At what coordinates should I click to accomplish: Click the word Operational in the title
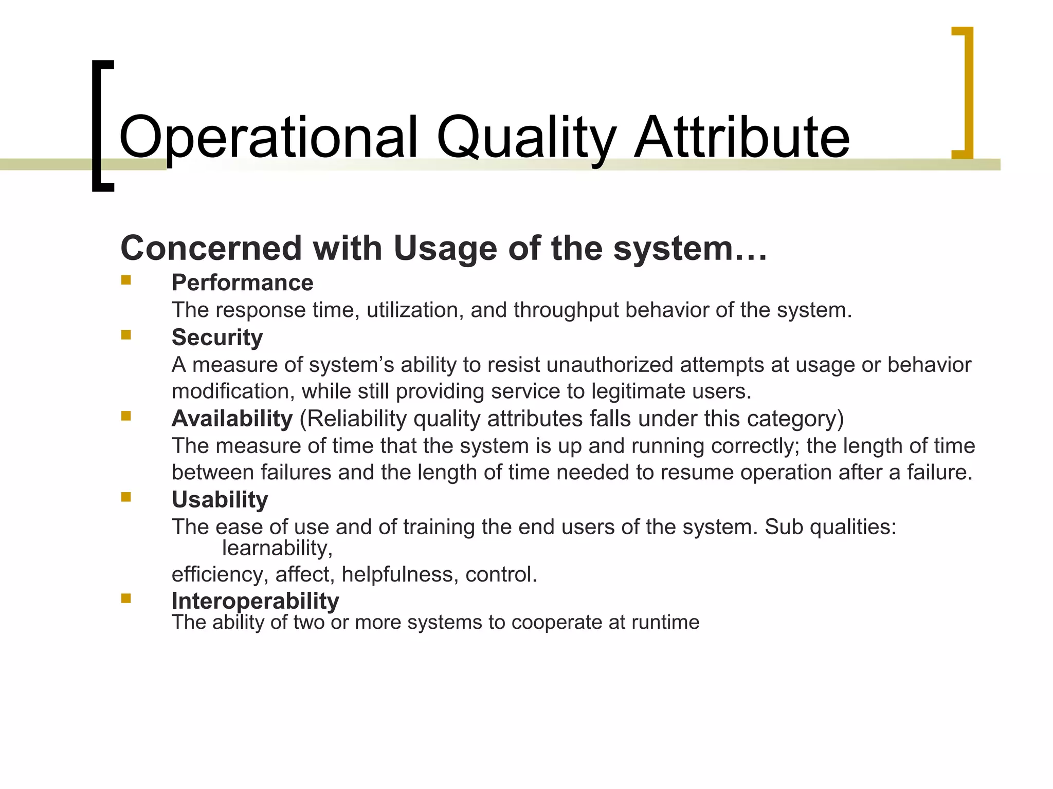[268, 138]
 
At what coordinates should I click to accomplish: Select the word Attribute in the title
[741, 138]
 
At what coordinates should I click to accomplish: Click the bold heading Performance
[242, 283]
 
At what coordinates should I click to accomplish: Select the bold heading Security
[217, 337]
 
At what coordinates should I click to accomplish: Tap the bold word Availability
[232, 419]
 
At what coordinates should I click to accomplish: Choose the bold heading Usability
[220, 500]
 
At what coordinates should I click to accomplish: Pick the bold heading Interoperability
[255, 600]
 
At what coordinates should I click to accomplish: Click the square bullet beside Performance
[126, 280]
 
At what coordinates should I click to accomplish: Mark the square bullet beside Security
[126, 335]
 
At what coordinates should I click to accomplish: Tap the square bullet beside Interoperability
[126, 598]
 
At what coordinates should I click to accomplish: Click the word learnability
[277, 549]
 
